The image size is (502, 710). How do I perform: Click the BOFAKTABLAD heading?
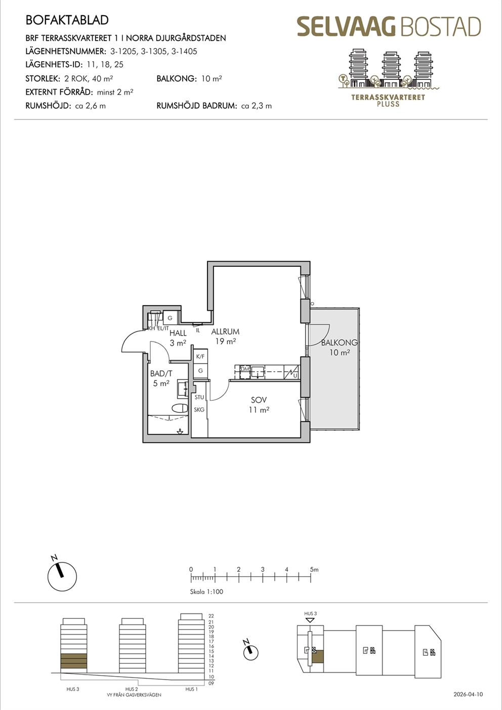67,20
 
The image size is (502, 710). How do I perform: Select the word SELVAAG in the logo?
347,27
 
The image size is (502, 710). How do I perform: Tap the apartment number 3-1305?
154,51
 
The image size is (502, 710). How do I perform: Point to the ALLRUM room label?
225,331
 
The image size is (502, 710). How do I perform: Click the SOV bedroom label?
259,400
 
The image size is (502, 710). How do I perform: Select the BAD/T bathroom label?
161,373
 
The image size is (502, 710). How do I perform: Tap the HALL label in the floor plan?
178,333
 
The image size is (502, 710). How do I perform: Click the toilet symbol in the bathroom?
180,408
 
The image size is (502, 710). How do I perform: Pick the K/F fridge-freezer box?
200,356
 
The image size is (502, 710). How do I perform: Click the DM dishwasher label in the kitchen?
245,369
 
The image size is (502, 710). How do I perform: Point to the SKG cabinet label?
199,409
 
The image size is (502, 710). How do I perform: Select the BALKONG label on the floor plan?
340,342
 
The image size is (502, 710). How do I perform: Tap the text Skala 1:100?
206,592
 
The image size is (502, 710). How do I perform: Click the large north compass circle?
62,576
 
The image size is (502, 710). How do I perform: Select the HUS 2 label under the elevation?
132,689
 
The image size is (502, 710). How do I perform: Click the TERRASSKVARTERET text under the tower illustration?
388,97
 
